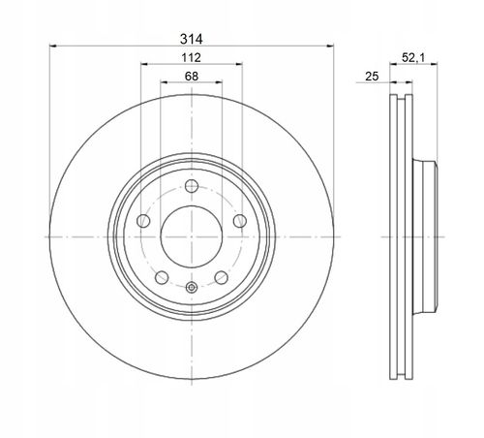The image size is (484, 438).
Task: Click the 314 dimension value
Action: click(192, 39)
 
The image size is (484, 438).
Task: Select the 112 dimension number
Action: click(192, 58)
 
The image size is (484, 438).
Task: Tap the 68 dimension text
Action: click(192, 77)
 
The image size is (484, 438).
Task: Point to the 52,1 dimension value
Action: click(413, 58)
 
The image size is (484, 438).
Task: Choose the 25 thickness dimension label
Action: click(372, 77)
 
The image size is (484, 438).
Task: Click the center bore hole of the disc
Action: click(192, 236)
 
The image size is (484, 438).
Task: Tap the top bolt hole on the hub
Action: click(192, 186)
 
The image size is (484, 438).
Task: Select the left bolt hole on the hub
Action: click(143, 221)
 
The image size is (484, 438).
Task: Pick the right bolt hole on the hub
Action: click(240, 221)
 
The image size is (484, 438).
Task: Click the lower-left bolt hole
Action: click(162, 277)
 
